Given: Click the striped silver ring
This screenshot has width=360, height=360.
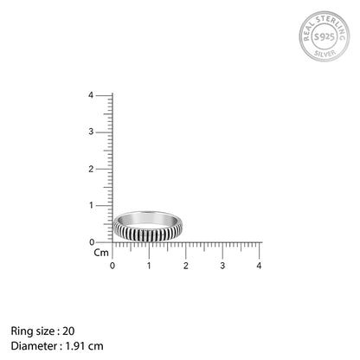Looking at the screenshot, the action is pos(147,234).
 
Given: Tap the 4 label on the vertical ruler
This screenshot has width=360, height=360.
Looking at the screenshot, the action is pos(91,95).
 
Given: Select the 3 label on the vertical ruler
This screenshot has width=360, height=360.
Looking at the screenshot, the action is pos(91,132).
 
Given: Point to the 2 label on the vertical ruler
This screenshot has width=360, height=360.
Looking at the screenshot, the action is pos(91,169).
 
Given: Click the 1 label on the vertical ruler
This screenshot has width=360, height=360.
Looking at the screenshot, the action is pos(92,205).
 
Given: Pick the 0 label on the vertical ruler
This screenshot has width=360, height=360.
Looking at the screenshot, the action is pos(92,242).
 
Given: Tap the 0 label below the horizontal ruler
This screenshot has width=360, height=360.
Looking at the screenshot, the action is pos(112,266).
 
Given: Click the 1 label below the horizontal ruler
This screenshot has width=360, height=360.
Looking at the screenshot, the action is pos(149,266).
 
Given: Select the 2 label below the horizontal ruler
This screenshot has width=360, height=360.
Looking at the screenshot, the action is pos(186,266).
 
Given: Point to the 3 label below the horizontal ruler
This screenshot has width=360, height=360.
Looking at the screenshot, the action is pos(222,266).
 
